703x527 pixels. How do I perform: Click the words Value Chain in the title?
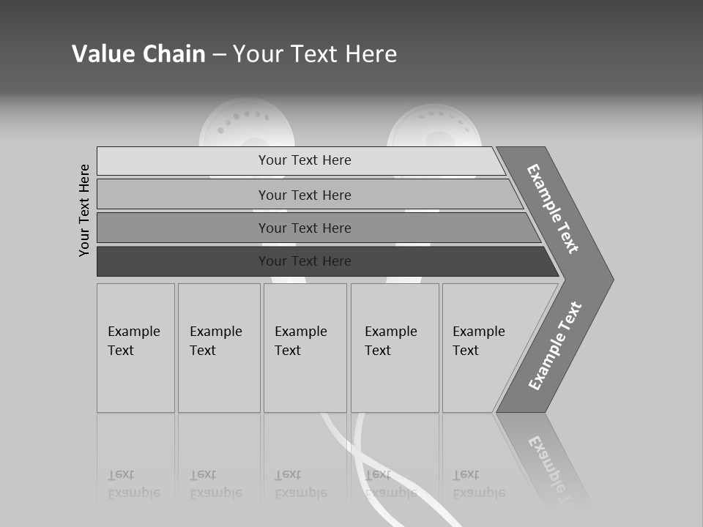tap(138, 54)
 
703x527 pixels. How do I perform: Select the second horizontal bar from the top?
tap(304, 195)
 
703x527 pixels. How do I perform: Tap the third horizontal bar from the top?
tap(304, 228)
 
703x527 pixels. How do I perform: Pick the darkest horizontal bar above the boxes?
tap(304, 261)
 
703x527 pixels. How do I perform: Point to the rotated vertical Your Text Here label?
tap(85, 210)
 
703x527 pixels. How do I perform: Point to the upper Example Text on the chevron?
tap(553, 209)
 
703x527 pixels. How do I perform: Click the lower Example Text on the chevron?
tap(555, 345)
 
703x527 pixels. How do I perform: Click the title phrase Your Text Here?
tap(315, 54)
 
